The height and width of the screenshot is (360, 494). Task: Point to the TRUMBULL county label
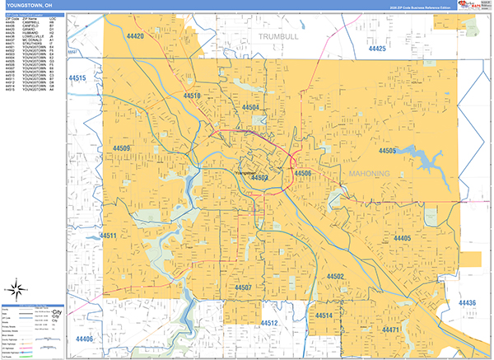pyautogui.click(x=281, y=37)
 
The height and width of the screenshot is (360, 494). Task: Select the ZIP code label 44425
pyautogui.click(x=377, y=49)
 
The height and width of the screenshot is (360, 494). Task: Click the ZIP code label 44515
pyautogui.click(x=77, y=78)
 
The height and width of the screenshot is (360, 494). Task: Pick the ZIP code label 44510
pyautogui.click(x=191, y=96)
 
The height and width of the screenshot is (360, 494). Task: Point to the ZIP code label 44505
pyautogui.click(x=387, y=152)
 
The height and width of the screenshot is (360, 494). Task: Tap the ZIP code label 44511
pyautogui.click(x=109, y=236)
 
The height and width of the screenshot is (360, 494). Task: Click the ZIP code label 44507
pyautogui.click(x=242, y=288)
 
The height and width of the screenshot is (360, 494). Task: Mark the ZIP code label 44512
pyautogui.click(x=270, y=322)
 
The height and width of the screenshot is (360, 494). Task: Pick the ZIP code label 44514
pyautogui.click(x=323, y=316)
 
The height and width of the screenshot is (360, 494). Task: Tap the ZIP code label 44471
pyautogui.click(x=390, y=330)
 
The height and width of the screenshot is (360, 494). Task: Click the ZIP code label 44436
pyautogui.click(x=466, y=304)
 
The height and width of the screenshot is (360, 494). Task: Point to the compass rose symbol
pyautogui.click(x=16, y=289)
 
